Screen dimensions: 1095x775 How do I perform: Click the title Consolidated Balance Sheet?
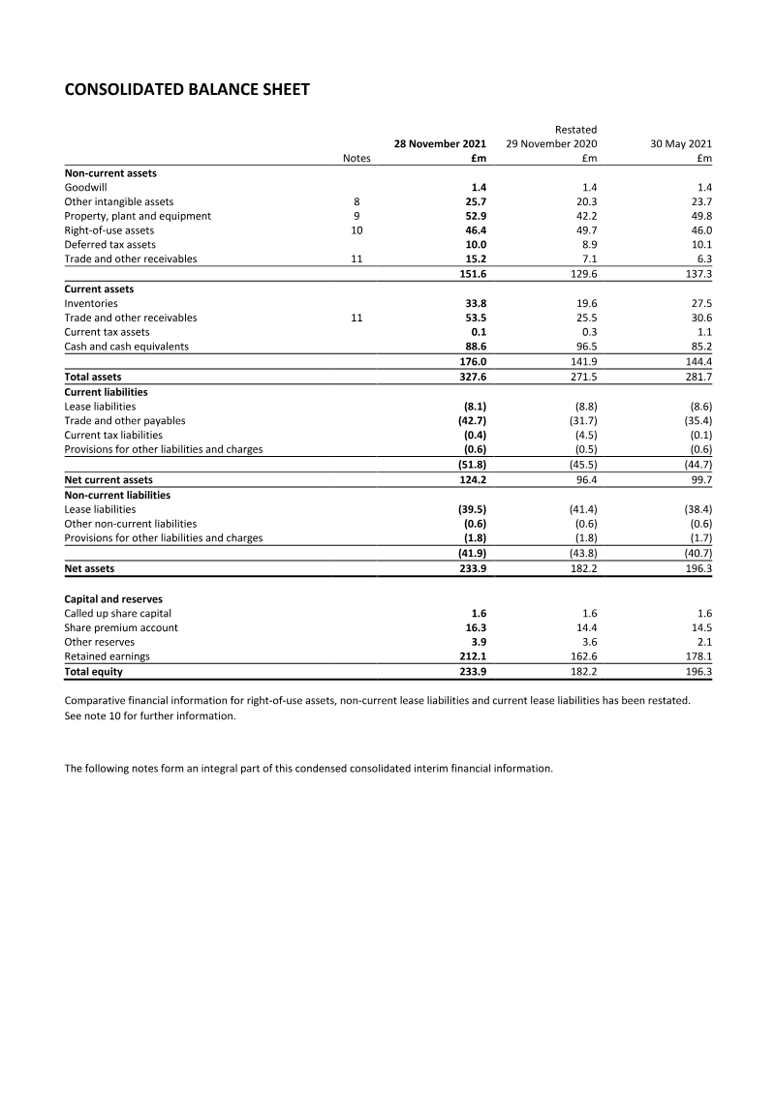pyautogui.click(x=187, y=90)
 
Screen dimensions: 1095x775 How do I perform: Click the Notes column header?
pyautogui.click(x=356, y=159)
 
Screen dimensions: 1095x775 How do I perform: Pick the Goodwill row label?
pyautogui.click(x=85, y=187)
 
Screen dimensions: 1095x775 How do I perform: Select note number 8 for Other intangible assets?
pyautogui.click(x=356, y=201)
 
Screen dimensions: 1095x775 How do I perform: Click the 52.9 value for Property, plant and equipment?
pyautogui.click(x=476, y=216)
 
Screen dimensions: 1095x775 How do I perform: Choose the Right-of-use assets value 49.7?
pyautogui.click(x=586, y=230)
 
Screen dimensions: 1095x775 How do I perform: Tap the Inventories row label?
pyautogui.click(x=91, y=303)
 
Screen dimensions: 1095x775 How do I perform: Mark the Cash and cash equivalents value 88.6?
pyautogui.click(x=476, y=347)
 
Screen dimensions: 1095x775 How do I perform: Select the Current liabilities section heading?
pyautogui.click(x=106, y=392)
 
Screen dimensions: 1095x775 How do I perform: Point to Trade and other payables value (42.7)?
pyautogui.click(x=472, y=421)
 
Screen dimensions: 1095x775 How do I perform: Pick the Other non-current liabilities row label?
pyautogui.click(x=130, y=524)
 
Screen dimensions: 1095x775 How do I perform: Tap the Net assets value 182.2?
pyautogui.click(x=583, y=568)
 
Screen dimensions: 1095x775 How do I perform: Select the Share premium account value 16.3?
pyautogui.click(x=476, y=627)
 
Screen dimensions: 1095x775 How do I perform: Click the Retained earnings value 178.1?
pyautogui.click(x=698, y=656)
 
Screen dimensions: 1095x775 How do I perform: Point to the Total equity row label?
pyautogui.click(x=92, y=671)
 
